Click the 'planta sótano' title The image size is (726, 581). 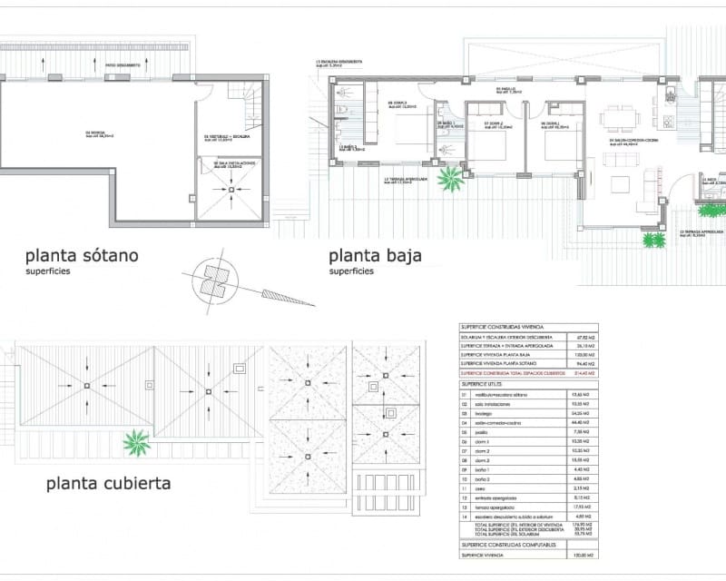(82, 255)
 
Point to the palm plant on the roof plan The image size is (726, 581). (138, 444)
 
